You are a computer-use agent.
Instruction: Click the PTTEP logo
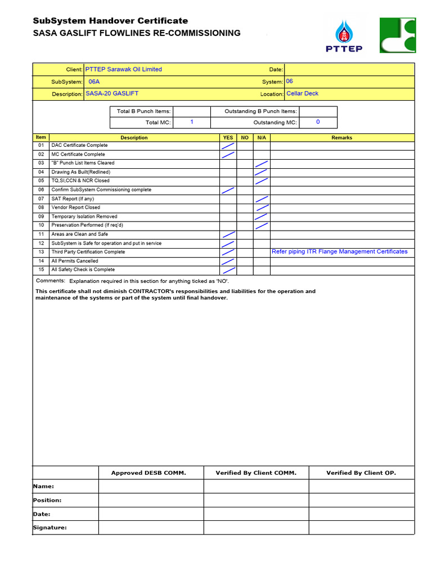344,36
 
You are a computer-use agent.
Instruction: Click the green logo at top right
397,35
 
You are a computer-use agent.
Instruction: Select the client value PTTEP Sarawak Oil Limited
123,69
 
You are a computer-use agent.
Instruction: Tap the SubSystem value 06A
94,82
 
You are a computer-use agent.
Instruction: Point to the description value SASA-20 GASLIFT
112,93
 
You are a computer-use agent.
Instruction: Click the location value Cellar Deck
302,93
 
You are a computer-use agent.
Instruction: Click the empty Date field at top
349,69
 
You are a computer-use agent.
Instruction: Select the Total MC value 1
192,122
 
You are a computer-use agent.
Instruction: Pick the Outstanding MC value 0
318,122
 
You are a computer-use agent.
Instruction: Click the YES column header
228,137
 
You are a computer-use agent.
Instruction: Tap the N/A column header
262,137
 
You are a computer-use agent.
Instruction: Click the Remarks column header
342,137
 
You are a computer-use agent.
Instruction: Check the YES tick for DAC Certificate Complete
228,146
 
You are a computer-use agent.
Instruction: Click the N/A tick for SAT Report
262,199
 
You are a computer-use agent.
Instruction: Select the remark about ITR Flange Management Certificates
340,251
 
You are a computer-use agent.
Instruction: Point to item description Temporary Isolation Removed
84,217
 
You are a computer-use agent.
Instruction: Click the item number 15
41,269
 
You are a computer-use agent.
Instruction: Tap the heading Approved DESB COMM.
148,473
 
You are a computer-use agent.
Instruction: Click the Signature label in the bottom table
50,528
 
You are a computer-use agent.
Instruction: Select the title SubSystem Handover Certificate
110,21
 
